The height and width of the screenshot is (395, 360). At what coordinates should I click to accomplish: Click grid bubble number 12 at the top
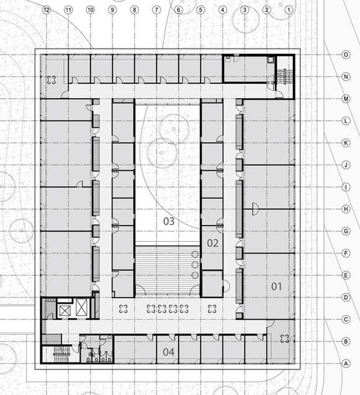pos(47,10)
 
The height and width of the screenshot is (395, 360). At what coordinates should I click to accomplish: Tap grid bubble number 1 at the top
pos(289,10)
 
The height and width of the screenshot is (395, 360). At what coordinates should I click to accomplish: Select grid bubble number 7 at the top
pos(156,10)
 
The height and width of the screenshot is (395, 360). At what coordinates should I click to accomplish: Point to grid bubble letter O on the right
pos(346,55)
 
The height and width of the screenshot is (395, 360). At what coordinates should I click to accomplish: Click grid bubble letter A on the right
pos(346,363)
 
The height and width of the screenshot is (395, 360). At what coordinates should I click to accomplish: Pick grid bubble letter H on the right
pos(346,209)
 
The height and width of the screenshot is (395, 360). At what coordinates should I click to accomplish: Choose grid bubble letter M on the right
pos(346,99)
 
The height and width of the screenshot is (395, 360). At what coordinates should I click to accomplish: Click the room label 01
pos(276,286)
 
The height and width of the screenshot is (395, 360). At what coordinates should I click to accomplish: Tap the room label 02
pos(212,243)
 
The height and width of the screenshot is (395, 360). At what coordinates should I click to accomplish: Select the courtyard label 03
pos(169,222)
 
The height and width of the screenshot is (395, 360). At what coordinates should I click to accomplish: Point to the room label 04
pos(168,352)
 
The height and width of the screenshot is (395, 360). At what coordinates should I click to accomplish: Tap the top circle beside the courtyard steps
pos(195,255)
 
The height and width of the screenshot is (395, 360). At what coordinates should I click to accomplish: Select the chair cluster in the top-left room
pos(52,80)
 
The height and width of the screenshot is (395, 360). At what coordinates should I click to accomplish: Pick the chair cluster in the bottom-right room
pos(285,338)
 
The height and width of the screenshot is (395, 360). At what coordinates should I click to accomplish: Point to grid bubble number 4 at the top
pos(223,10)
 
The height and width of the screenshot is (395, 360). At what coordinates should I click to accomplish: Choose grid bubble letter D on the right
pos(346,297)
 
